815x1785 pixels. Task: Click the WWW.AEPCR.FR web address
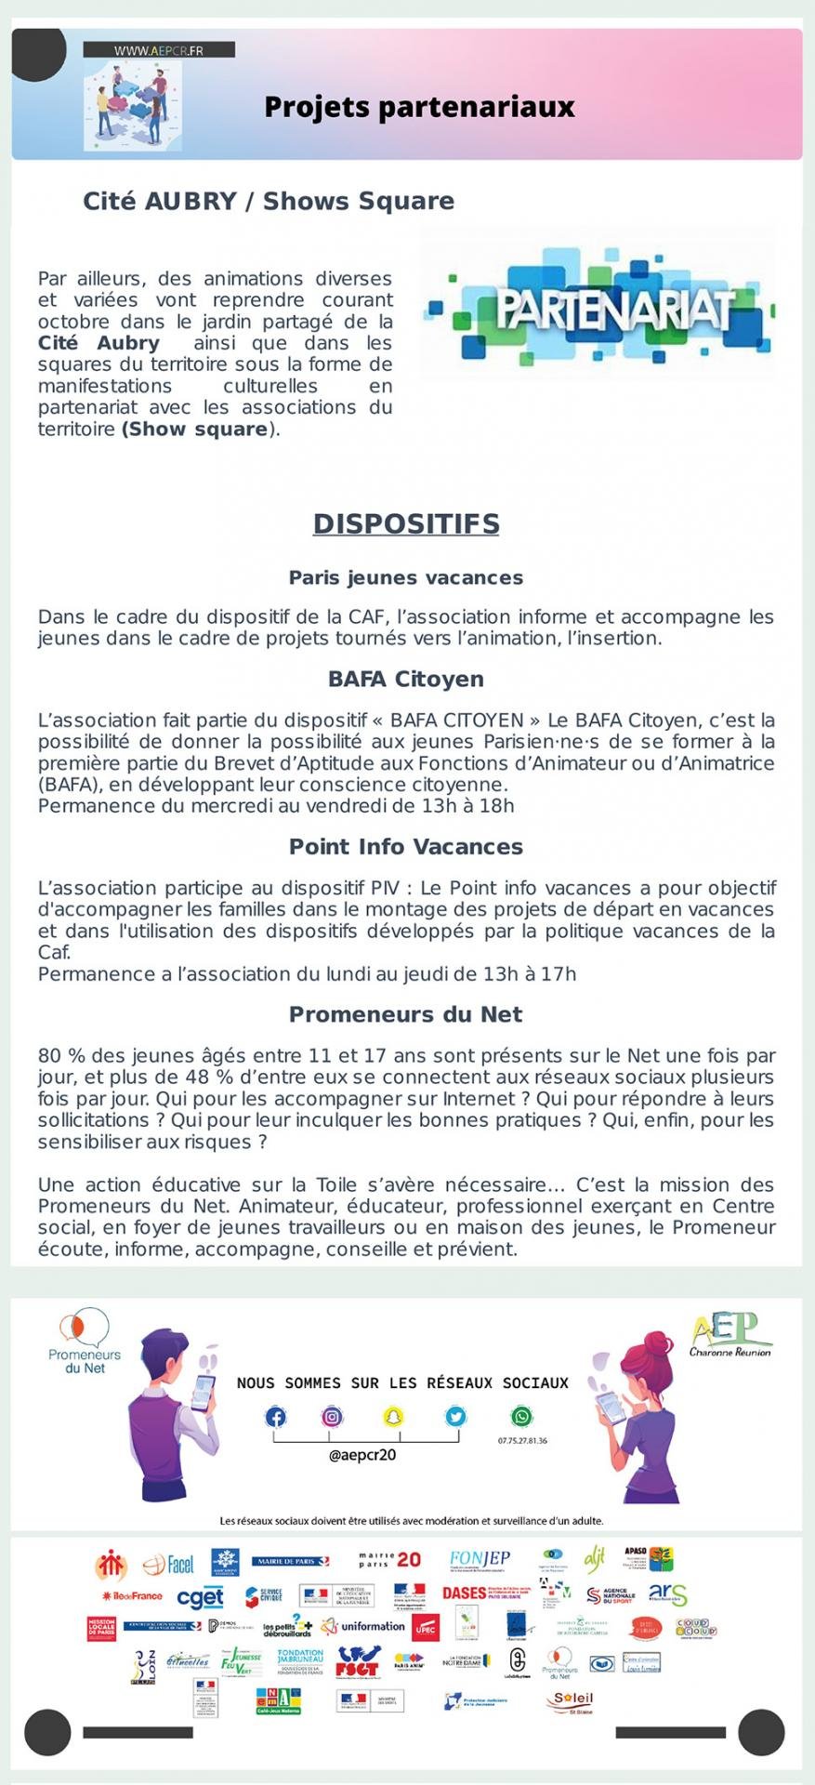(x=159, y=50)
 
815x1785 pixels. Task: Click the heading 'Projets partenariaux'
(x=419, y=107)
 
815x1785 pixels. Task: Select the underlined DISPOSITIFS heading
(x=406, y=523)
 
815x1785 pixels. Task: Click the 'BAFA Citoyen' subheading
(x=406, y=679)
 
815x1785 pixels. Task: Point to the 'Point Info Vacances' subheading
(x=406, y=847)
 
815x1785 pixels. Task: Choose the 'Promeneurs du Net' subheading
(x=406, y=1014)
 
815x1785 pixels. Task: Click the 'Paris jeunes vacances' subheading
(x=406, y=577)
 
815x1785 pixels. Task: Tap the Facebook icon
(x=276, y=1417)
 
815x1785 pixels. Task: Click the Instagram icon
(x=332, y=1417)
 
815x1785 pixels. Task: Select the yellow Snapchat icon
(x=393, y=1417)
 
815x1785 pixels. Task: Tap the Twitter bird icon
(x=455, y=1417)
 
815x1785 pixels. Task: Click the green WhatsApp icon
(x=521, y=1417)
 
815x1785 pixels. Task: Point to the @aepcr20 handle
(x=362, y=1455)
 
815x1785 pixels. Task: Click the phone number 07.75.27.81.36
(x=522, y=1441)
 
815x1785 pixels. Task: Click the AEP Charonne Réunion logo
(x=730, y=1334)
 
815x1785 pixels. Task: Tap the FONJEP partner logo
(x=480, y=1559)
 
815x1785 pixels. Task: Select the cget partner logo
(x=201, y=1597)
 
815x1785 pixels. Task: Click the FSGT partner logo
(x=358, y=1660)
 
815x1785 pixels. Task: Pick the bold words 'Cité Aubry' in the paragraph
(x=99, y=342)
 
